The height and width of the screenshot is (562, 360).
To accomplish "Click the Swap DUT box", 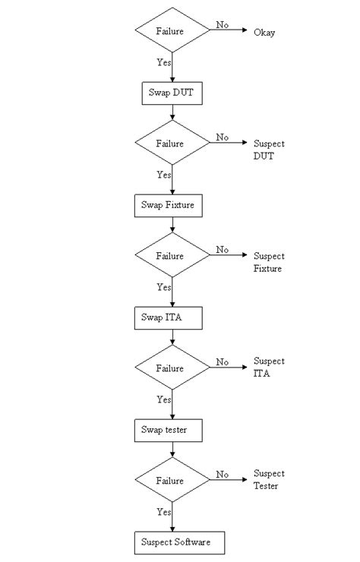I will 172,93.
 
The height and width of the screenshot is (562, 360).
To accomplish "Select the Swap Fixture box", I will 172,205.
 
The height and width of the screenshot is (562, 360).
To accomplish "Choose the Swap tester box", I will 172,431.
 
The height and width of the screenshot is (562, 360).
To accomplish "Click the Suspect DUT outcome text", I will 269,150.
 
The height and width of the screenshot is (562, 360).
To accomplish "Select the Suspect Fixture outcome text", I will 269,262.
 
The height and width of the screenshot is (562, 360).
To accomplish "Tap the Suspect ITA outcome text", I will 269,368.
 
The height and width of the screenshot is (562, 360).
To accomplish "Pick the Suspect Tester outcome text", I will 269,479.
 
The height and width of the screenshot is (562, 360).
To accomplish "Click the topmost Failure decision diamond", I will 172,31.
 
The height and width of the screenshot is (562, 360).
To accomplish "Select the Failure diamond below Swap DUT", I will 172,144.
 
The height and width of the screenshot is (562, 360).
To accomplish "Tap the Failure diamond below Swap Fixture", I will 172,256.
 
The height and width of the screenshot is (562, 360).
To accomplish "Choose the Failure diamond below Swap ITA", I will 172,368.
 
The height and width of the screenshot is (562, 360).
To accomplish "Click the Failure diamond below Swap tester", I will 172,481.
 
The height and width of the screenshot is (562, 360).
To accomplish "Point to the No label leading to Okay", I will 222,25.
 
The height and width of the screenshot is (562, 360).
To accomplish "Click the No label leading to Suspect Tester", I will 222,475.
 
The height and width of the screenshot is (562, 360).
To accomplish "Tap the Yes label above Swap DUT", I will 164,63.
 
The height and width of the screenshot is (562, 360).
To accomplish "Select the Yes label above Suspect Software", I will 164,512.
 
